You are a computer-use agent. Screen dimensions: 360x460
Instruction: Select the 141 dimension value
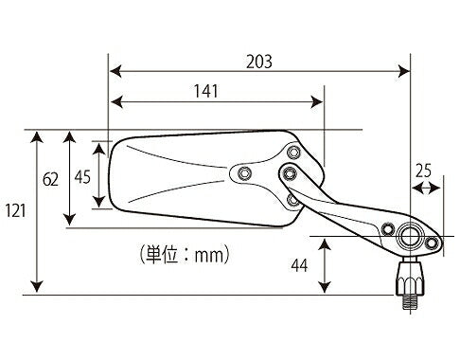206,91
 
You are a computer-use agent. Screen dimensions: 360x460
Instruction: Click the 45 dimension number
82,177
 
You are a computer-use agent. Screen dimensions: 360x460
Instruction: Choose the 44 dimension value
299,266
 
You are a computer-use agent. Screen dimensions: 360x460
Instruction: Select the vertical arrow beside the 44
325,266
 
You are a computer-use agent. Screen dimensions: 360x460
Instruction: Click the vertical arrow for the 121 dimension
38,212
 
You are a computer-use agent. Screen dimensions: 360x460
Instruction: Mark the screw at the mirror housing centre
245,173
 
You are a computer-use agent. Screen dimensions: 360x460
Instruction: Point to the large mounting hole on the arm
411,233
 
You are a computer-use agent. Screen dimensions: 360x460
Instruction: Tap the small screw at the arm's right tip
432,245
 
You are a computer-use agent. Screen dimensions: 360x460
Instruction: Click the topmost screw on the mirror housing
294,152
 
